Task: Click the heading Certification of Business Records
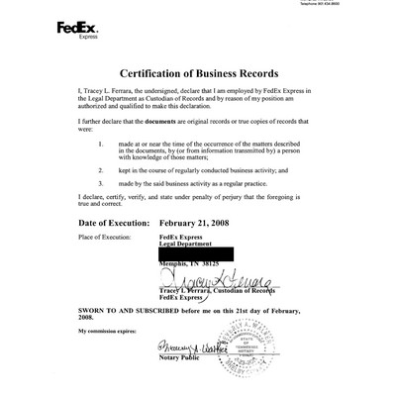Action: tap(197, 75)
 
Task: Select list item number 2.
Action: tap(103, 169)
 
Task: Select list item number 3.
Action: tap(103, 184)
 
